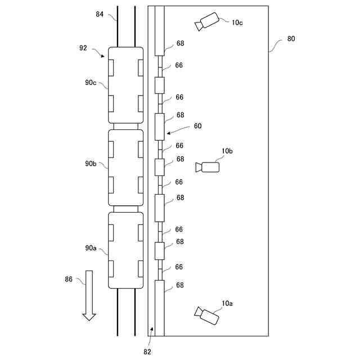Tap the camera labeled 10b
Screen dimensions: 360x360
tap(208, 167)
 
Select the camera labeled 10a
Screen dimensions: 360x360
tap(207, 316)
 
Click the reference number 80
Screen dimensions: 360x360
tap(291, 39)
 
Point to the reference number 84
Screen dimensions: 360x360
tap(100, 14)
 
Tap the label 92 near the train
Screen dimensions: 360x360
tap(83, 48)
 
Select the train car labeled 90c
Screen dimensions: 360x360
tap(125, 85)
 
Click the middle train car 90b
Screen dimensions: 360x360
tap(125, 167)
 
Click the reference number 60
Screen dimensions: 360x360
tap(197, 126)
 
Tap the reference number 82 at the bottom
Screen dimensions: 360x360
tap(147, 351)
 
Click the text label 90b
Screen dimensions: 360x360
tap(91, 164)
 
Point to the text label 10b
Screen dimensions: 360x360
tap(227, 151)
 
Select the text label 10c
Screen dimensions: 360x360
tap(237, 22)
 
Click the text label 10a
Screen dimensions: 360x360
tap(227, 303)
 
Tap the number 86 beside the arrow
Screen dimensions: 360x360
tap(69, 279)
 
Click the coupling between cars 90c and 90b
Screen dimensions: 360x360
tap(125, 127)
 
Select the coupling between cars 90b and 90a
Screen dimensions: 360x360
tap(125, 209)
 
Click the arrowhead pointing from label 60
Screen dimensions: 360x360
tap(167, 134)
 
